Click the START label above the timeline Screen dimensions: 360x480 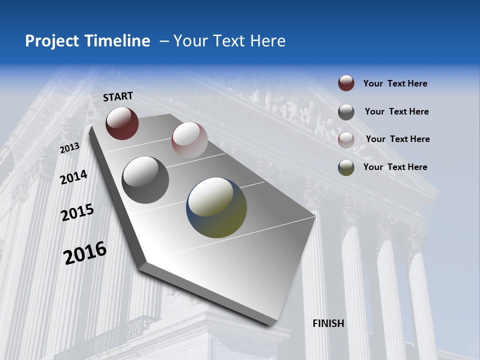118,96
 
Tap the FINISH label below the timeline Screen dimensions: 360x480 328,323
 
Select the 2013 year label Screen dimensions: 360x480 69,148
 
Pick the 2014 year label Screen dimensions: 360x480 73,177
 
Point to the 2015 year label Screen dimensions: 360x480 77,213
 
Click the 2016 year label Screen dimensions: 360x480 85,252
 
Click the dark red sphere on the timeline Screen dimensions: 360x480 122,123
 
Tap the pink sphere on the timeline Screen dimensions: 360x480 189,140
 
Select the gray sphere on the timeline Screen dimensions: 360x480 145,180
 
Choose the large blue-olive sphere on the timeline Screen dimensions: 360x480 216,207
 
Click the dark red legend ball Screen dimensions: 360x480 346,83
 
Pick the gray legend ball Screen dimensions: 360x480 346,111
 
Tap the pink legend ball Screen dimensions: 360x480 346,139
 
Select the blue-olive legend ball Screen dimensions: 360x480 346,167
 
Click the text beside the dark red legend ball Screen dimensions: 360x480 395,83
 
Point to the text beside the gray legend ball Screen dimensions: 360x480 396,111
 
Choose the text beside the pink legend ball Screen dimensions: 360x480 397,139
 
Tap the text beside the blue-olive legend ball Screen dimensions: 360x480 395,167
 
